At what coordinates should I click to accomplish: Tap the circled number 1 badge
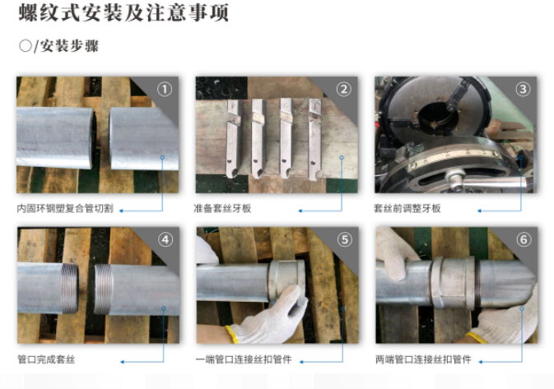point(165,90)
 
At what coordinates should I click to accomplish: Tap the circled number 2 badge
point(344,90)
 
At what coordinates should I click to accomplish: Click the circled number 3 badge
point(523,90)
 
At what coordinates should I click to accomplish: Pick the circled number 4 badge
point(165,240)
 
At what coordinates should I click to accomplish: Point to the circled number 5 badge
point(344,240)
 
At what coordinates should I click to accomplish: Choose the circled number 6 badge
point(523,240)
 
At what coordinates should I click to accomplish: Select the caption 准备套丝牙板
point(222,209)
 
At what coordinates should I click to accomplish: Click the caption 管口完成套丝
point(50,359)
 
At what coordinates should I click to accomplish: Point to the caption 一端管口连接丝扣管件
point(243,359)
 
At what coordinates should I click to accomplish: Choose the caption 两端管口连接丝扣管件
point(422,359)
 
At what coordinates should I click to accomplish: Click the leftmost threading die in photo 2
point(232,136)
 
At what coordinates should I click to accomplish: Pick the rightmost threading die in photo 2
point(314,136)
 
